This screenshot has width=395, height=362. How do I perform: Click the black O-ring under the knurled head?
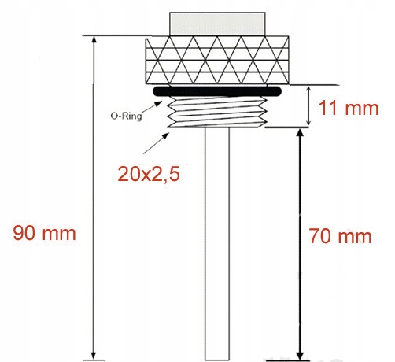point(217,91)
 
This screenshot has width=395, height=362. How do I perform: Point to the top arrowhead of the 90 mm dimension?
point(94,40)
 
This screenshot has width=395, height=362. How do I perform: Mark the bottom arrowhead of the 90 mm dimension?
point(94,353)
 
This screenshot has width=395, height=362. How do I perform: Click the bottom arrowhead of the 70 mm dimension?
point(300,353)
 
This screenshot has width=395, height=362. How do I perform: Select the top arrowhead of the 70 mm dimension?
point(300,134)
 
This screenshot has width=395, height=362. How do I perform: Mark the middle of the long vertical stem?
point(217,244)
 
